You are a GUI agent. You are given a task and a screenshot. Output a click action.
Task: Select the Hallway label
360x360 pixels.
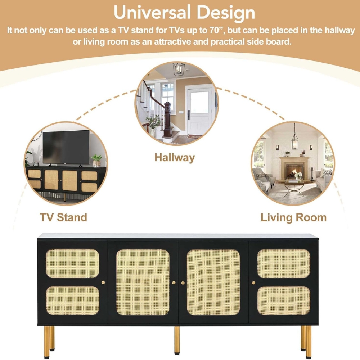click(175, 158)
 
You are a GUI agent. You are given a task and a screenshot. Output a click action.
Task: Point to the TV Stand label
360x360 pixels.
click(63, 217)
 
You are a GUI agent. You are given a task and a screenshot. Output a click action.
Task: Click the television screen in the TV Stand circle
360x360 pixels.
click(66, 147)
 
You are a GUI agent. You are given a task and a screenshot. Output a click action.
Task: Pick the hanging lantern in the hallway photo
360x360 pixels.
click(179, 69)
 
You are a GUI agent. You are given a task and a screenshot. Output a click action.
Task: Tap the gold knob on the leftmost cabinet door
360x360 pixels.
click(103, 282)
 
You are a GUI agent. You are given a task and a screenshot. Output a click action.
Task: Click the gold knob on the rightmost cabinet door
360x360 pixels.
click(253, 283)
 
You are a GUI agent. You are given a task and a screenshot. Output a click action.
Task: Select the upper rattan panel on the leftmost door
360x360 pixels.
click(72, 264)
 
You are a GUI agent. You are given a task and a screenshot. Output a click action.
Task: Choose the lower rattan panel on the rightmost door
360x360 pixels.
click(284, 300)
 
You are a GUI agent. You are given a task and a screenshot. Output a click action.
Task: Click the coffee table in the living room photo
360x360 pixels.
click(294, 186)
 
